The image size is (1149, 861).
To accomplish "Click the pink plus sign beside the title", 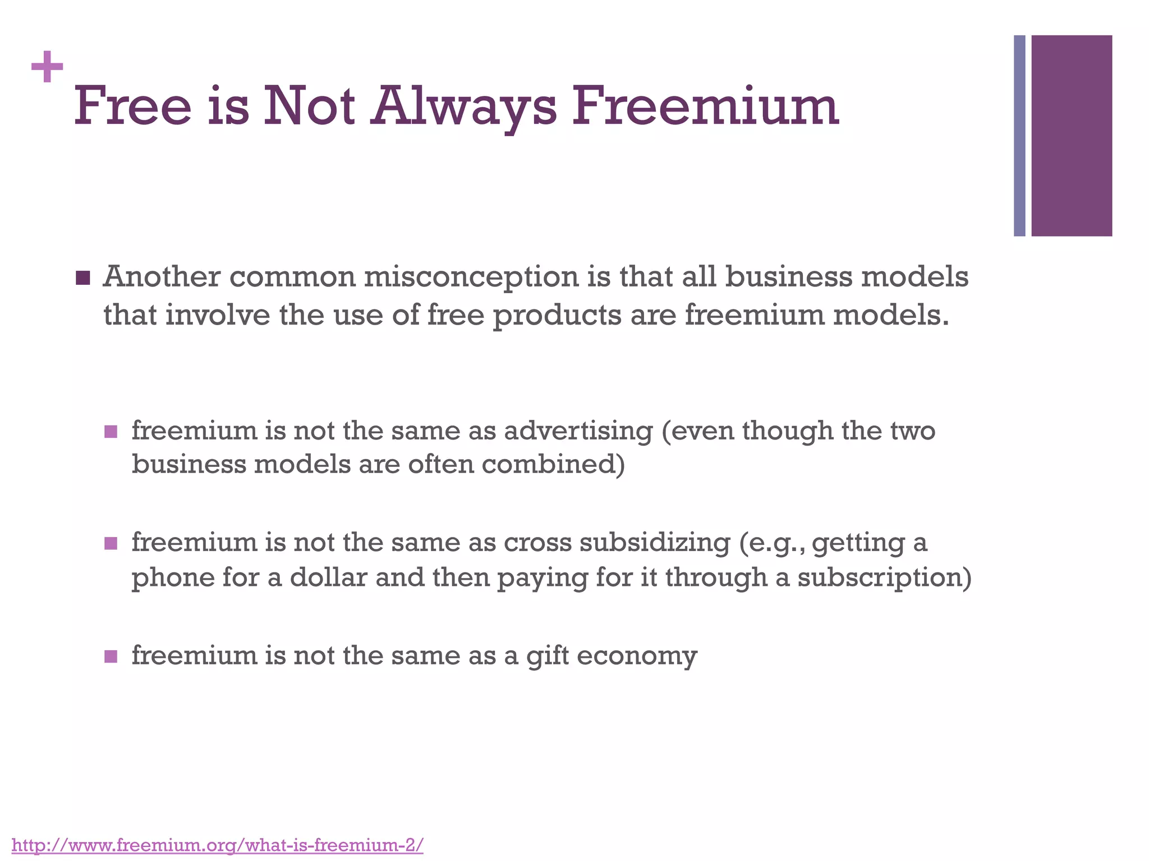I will [47, 67].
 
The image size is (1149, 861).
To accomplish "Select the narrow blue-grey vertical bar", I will [1019, 136].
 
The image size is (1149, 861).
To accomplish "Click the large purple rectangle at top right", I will [1072, 136].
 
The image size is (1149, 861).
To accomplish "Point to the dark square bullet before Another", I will [82, 278].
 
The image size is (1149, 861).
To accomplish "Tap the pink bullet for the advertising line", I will [111, 432].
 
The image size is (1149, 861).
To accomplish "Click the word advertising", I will [578, 431].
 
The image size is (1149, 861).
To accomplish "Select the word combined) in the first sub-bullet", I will [553, 465].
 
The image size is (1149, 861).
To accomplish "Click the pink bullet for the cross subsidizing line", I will [111, 543].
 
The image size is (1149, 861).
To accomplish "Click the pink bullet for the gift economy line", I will [111, 656].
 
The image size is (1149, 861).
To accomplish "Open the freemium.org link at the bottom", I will [217, 845].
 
